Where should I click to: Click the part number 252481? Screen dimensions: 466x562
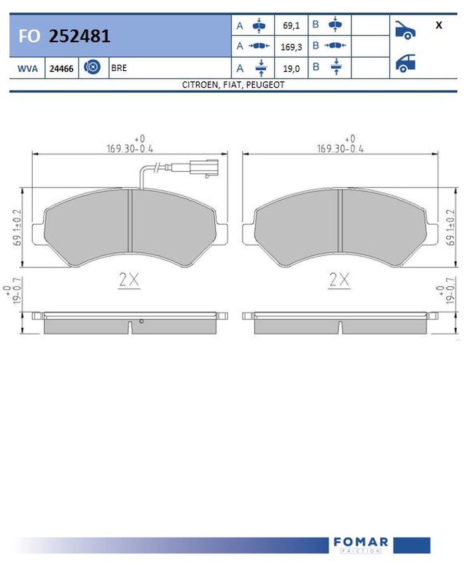click(x=79, y=36)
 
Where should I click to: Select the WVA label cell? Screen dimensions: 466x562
click(x=27, y=68)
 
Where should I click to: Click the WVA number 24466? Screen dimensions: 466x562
click(x=61, y=69)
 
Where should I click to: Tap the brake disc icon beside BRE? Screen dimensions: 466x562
click(x=92, y=67)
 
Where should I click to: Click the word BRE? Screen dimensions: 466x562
click(x=119, y=68)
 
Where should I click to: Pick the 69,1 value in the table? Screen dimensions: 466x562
click(x=291, y=25)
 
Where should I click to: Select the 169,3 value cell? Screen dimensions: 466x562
click(x=291, y=47)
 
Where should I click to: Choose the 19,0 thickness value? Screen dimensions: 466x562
click(x=291, y=69)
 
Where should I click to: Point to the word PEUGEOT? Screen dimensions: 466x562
click(x=265, y=85)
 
